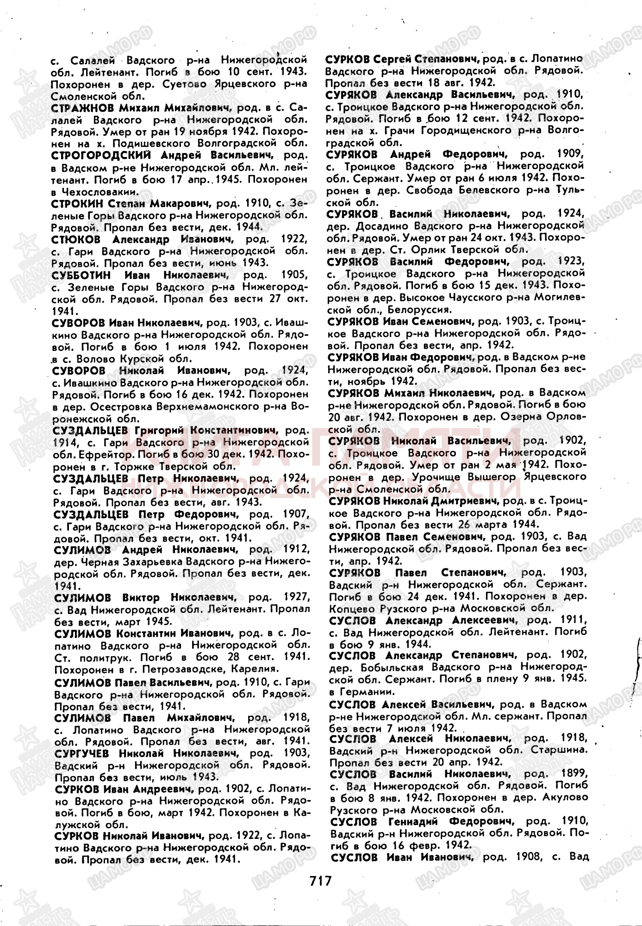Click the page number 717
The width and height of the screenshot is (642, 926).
click(319, 880)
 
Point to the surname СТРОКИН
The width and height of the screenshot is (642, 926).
click(76, 203)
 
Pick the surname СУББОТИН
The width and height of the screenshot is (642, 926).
click(82, 275)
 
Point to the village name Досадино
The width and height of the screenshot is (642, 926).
click(383, 226)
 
